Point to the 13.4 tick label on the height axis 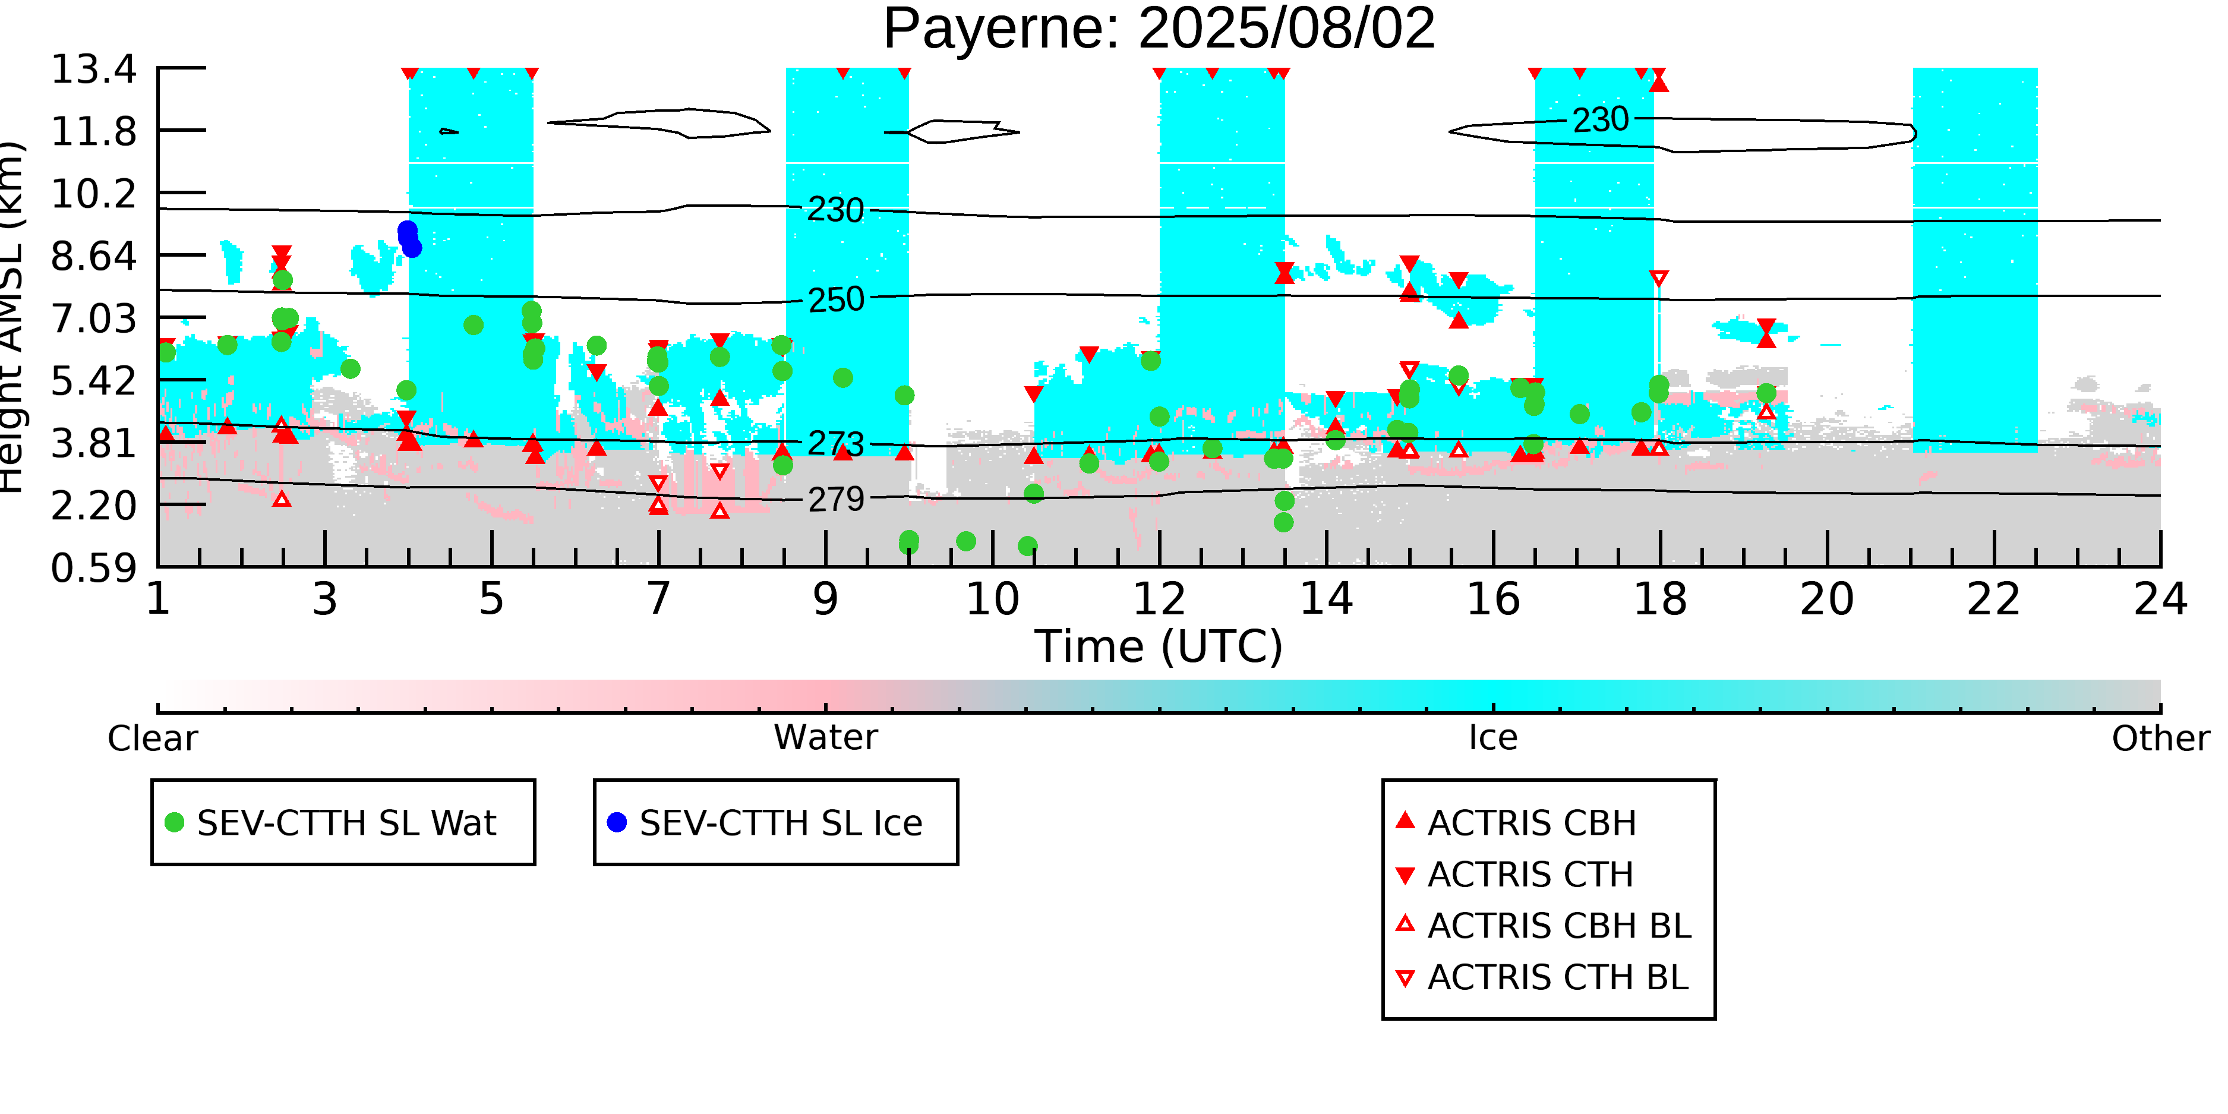click(93, 69)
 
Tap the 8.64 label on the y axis click(93, 256)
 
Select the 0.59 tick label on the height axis click(93, 568)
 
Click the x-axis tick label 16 click(1493, 599)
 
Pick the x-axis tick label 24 click(2160, 599)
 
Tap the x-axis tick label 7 click(659, 599)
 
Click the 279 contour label click(835, 500)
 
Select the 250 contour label click(835, 300)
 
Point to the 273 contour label click(835, 444)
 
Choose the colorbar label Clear click(152, 739)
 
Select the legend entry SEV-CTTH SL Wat click(346, 822)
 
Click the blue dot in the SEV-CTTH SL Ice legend click(617, 822)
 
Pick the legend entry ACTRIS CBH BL click(1558, 926)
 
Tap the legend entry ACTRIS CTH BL click(1557, 977)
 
